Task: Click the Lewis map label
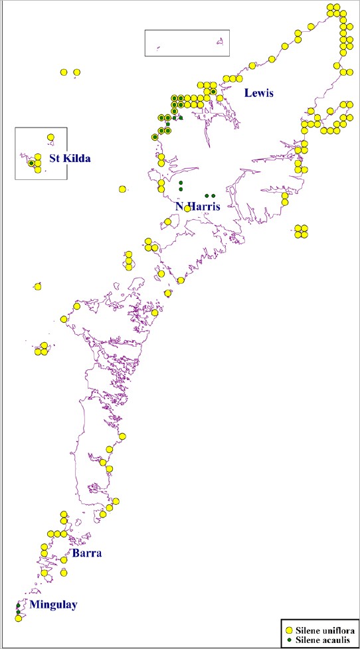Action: coord(258,93)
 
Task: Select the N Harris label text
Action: coord(197,207)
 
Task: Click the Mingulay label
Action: coord(53,604)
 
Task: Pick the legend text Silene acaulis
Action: coord(324,639)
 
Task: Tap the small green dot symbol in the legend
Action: coord(289,639)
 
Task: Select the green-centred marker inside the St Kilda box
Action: coord(31,163)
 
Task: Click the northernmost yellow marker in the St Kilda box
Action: coord(50,138)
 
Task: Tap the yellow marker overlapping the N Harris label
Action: coord(187,209)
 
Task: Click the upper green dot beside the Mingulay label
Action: coord(18,605)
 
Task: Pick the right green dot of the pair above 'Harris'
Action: coord(213,195)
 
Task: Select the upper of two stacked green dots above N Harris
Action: coord(181,183)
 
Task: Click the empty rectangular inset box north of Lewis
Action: coord(187,43)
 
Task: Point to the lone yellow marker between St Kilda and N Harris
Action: coord(122,189)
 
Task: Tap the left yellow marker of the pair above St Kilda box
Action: coord(64,72)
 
